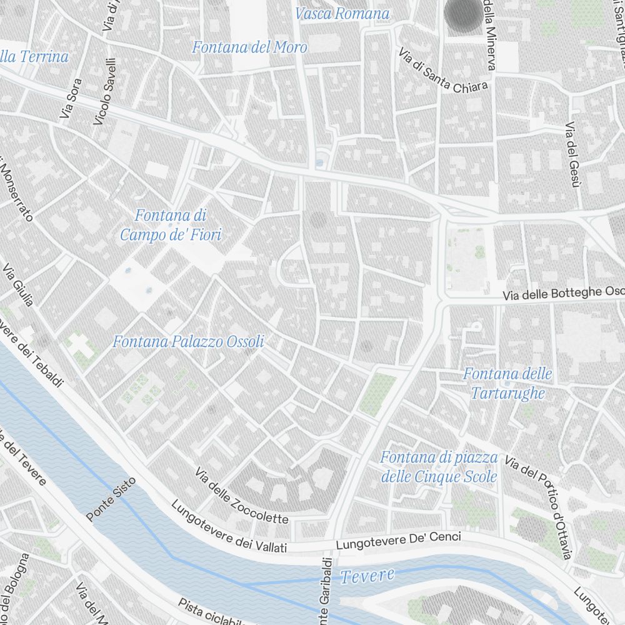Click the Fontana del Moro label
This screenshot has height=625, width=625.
pos(249,47)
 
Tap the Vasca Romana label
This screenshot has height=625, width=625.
pos(342,13)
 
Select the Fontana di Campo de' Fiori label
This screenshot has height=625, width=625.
pos(171,225)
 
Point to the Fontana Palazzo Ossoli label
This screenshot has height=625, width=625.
pos(188,342)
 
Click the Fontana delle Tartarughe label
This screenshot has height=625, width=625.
pos(507,383)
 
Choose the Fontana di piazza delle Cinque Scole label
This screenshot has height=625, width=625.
pos(439,467)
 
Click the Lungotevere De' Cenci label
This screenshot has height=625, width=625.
pos(398,541)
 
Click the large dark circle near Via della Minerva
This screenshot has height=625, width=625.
pos(464,14)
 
